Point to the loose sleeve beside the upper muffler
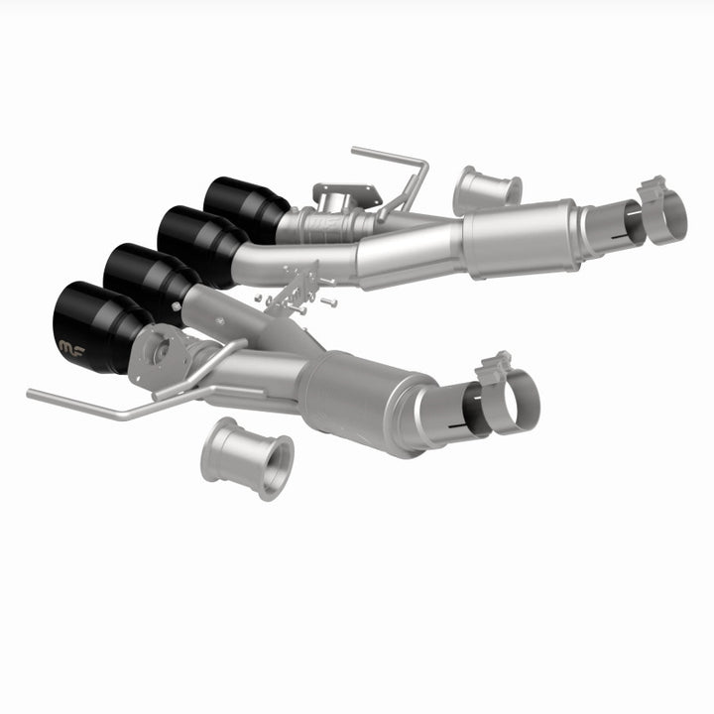click(x=487, y=189)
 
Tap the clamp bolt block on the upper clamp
click(x=652, y=185)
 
